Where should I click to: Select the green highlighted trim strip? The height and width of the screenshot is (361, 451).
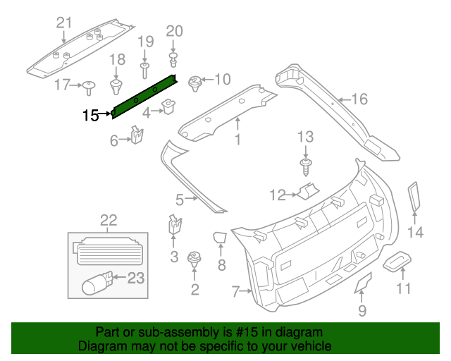pos(144,94)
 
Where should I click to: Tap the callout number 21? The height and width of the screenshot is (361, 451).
pos(64,23)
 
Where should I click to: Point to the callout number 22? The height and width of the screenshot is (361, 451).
pos(109,221)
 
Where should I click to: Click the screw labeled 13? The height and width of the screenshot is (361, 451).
pos(305,166)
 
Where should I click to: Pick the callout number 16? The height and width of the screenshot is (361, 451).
pos(359,99)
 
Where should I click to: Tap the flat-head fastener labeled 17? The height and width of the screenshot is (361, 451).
pos(89,87)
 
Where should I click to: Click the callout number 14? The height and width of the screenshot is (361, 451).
pos(416,232)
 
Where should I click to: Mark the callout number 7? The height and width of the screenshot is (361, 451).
pos(236,290)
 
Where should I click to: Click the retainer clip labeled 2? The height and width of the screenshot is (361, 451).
pos(194,261)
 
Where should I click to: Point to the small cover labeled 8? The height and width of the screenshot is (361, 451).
pos(220,238)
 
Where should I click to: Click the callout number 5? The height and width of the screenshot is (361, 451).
pos(180,200)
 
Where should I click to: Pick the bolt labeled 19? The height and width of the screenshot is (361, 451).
pos(144,68)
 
